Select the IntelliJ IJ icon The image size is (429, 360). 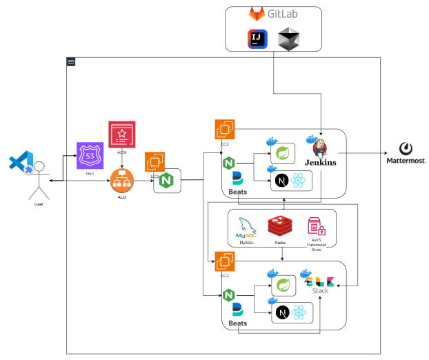256,40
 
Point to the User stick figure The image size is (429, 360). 39,181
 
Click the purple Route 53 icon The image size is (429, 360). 90,155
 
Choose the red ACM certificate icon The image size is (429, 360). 122,134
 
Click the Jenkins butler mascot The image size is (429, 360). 320,147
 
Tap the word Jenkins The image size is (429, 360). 319,163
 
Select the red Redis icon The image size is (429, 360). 281,226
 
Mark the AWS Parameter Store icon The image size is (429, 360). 315,226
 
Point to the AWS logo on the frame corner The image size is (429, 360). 70,61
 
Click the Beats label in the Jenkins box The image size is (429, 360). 238,191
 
